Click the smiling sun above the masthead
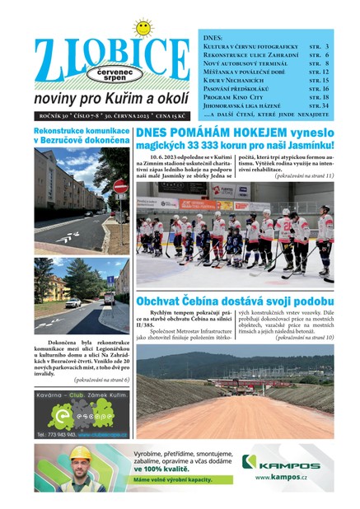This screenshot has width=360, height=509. click(x=143, y=28)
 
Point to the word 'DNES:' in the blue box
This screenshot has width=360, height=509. click(x=214, y=37)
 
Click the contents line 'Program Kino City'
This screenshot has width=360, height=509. click(x=236, y=96)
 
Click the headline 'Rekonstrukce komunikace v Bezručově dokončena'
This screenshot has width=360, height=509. click(x=82, y=136)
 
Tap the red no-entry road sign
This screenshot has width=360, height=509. click(x=120, y=187)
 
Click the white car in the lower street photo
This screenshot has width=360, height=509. click(x=72, y=302)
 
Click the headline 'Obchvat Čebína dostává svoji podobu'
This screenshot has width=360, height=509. click(x=235, y=301)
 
